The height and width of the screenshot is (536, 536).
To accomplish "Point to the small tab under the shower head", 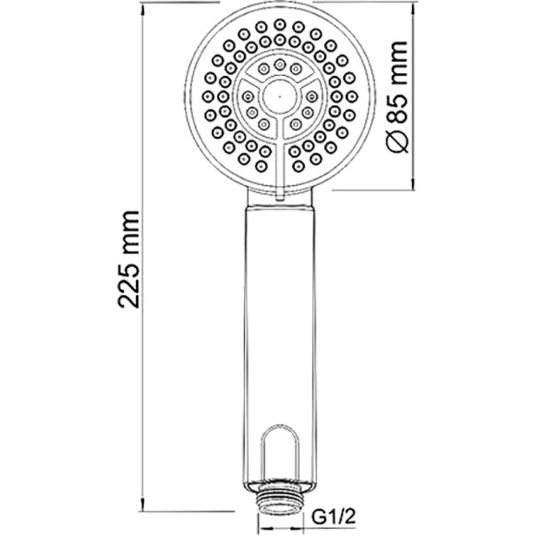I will (x=278, y=191).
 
